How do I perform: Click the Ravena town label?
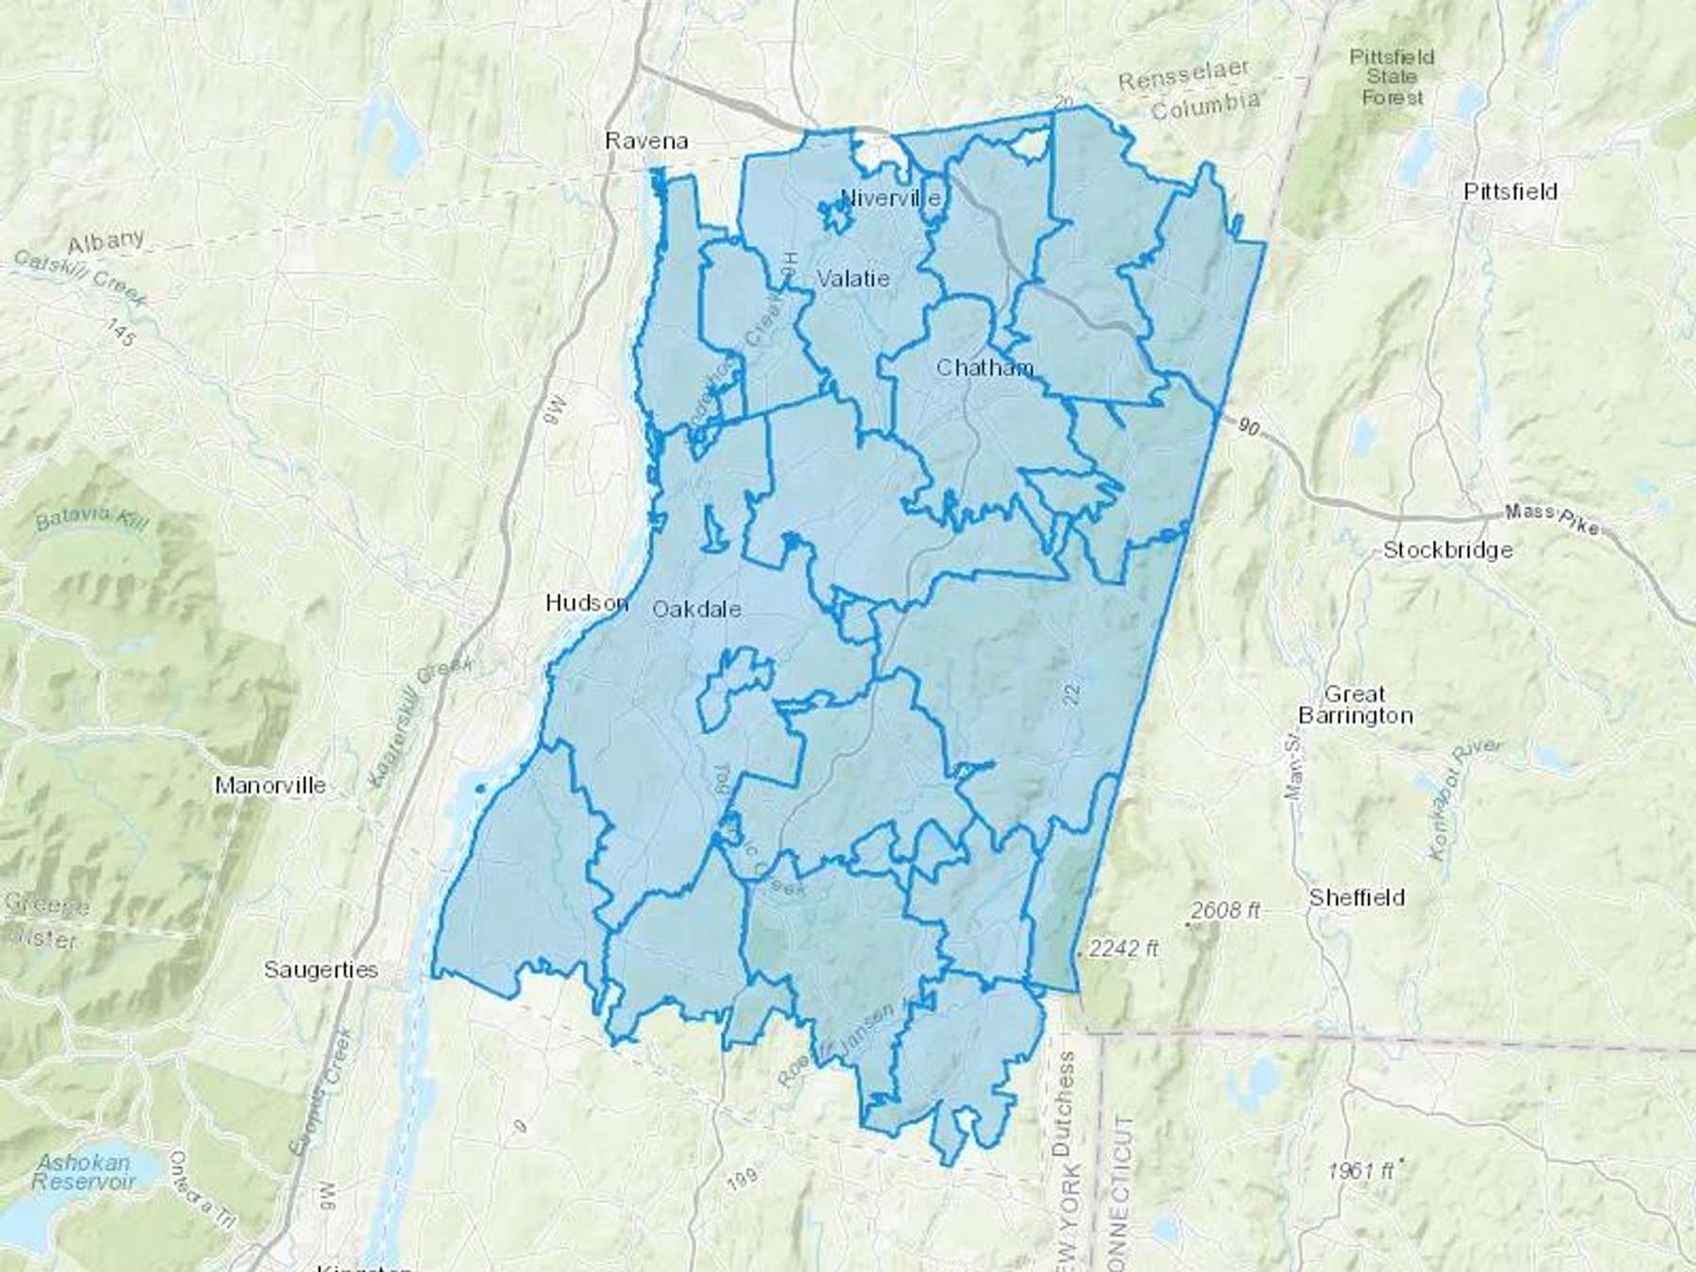646,141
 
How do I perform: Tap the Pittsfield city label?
1510,191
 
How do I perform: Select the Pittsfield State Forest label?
1392,76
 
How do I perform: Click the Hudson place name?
586,602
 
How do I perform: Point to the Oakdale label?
696,610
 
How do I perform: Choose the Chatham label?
984,367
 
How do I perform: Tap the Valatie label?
853,279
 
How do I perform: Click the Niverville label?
889,199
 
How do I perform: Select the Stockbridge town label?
1447,550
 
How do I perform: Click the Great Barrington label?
1355,705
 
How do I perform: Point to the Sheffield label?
1356,898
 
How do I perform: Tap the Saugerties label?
320,970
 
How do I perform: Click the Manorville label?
270,785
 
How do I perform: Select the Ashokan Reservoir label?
83,1171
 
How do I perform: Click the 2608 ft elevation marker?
1224,911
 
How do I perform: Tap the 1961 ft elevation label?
1360,1171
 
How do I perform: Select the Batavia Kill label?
90,518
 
